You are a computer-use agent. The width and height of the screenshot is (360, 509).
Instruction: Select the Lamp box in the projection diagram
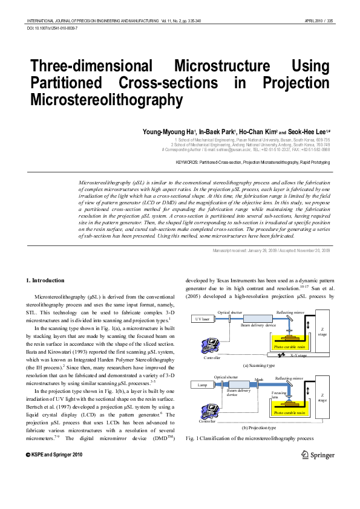tap(199, 384)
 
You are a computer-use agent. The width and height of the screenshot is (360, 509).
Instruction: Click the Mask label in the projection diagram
tap(259, 380)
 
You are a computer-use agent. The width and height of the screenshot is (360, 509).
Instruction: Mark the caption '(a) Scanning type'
tap(258, 365)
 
